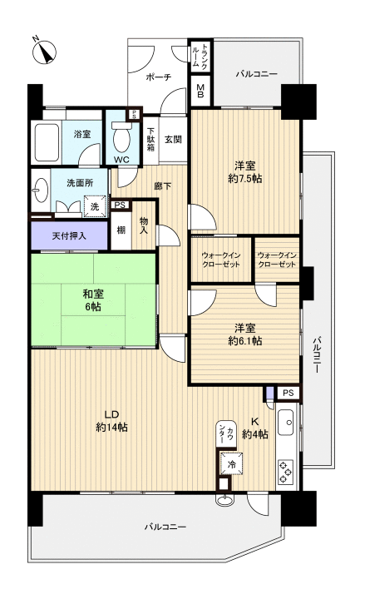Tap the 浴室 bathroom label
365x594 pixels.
81,134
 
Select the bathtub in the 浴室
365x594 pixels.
46,143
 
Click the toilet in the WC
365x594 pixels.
121,136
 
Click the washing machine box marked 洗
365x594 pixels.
94,205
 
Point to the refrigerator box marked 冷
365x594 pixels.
229,463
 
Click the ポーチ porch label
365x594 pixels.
157,77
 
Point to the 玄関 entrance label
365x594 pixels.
173,139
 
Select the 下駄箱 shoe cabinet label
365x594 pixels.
151,141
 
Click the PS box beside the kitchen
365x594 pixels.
287,392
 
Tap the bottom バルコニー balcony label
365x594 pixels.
165,527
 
